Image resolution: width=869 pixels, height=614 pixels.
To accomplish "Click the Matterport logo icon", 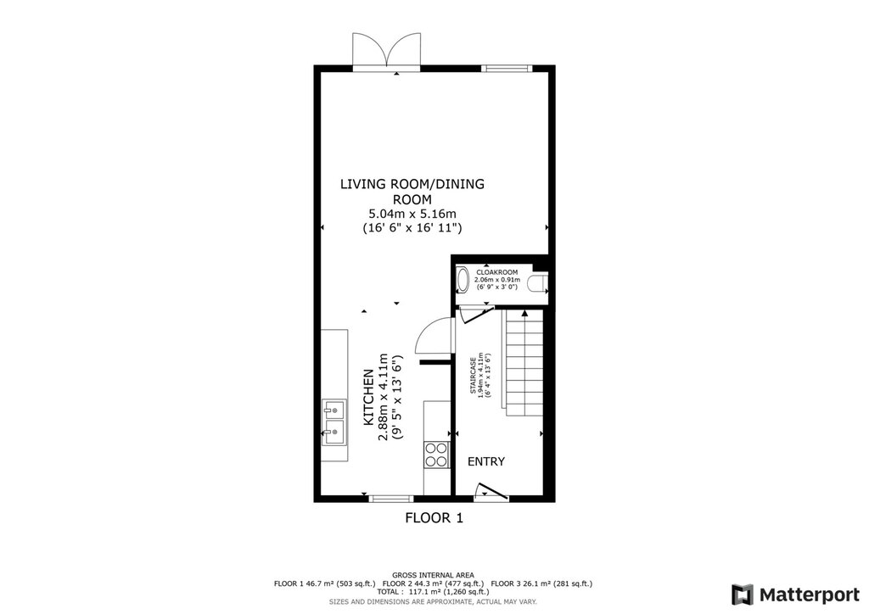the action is (x=743, y=594).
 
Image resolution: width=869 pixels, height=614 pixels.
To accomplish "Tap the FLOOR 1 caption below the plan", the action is (x=434, y=518).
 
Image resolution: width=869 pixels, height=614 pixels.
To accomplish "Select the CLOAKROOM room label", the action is (x=497, y=272).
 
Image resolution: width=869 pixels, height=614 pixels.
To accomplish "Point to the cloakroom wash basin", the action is (x=463, y=280).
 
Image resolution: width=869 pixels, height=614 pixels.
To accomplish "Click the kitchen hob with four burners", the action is (x=435, y=455).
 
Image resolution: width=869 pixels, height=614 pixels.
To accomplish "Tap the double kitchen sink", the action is (x=334, y=422).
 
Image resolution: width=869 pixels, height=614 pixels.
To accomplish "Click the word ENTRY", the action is (x=486, y=461).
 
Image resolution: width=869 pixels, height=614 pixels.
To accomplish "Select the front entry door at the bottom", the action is (x=491, y=492).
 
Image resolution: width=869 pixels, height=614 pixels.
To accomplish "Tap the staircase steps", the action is (x=524, y=362).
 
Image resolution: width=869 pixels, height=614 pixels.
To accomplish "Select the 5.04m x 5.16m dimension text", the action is (x=412, y=214).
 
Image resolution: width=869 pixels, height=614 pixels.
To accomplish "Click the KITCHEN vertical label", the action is (x=368, y=398).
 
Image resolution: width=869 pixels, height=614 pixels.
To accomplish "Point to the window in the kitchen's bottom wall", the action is (x=390, y=499).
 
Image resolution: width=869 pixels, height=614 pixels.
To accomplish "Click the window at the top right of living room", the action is (x=506, y=69).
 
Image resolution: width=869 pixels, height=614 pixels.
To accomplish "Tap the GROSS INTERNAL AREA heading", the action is (x=433, y=575).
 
